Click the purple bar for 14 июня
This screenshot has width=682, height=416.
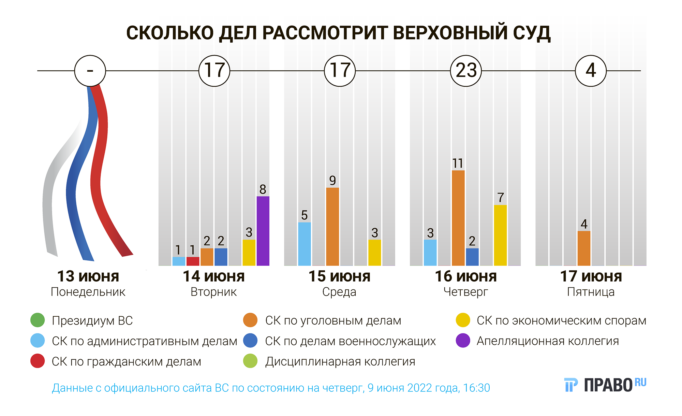[263, 231]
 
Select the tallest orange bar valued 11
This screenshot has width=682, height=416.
[458, 218]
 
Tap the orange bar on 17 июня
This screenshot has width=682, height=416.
[584, 248]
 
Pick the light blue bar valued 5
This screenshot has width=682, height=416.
[305, 244]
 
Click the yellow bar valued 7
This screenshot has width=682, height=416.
[500, 235]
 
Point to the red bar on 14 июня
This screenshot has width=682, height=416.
[193, 261]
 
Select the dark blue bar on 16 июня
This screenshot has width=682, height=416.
[472, 257]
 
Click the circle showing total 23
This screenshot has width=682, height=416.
[466, 71]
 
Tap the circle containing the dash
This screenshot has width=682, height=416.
[90, 71]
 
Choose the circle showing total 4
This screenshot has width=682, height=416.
[591, 71]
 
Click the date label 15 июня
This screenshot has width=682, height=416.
[339, 276]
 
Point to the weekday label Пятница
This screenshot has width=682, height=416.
[591, 292]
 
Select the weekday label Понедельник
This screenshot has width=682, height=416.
[88, 292]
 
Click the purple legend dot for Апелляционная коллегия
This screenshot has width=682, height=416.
[463, 341]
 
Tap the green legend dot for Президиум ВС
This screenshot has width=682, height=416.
[38, 320]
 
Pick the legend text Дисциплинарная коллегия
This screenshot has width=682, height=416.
[340, 361]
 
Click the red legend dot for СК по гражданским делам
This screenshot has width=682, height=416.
[38, 361]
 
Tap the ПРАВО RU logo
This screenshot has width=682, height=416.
[605, 385]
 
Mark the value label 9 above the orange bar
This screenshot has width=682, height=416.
[332, 180]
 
